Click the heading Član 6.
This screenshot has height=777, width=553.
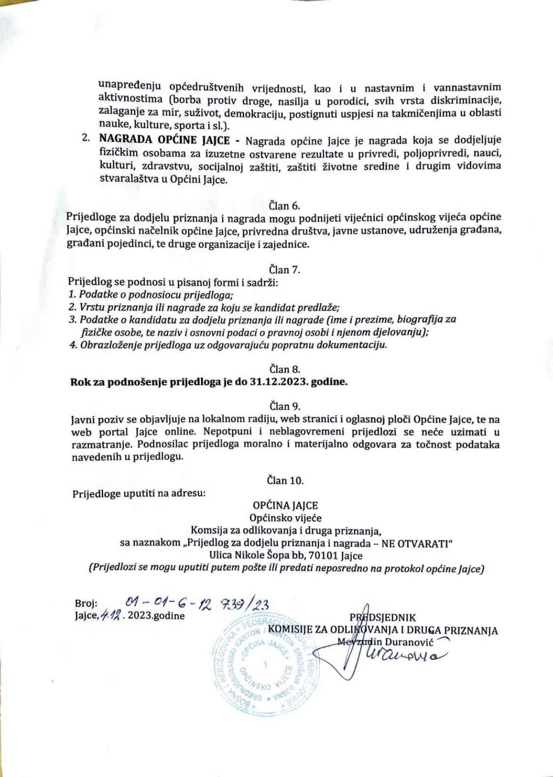284,205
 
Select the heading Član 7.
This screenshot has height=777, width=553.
284,270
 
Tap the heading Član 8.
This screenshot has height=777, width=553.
284,369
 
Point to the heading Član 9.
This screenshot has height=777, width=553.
284,406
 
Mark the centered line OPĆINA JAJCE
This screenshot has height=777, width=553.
286,506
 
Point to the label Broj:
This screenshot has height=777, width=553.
86,604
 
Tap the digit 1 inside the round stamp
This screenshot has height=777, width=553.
266,665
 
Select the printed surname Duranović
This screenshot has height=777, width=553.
412,641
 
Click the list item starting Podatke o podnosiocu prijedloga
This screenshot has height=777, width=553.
152,295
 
